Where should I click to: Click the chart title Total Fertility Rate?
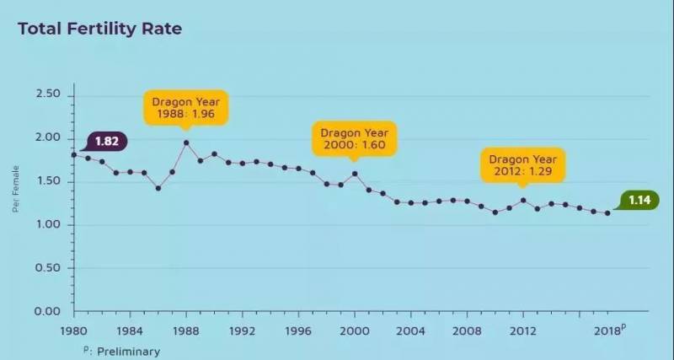tap(99, 30)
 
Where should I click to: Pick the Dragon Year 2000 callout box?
tap(354, 140)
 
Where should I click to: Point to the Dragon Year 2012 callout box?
tap(523, 165)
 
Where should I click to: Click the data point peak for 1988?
tap(186, 142)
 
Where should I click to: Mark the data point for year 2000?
tap(355, 174)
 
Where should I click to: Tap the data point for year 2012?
tap(523, 200)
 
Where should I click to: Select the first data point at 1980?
tap(74, 154)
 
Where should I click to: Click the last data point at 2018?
tap(607, 213)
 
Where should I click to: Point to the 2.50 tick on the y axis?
tap(48, 94)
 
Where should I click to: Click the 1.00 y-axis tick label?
tap(48, 224)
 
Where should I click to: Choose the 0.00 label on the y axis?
tap(48, 311)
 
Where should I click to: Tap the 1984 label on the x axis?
tap(130, 330)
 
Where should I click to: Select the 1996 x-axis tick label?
tap(298, 330)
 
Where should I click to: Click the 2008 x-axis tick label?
tap(467, 330)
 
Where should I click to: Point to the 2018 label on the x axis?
tap(607, 330)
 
